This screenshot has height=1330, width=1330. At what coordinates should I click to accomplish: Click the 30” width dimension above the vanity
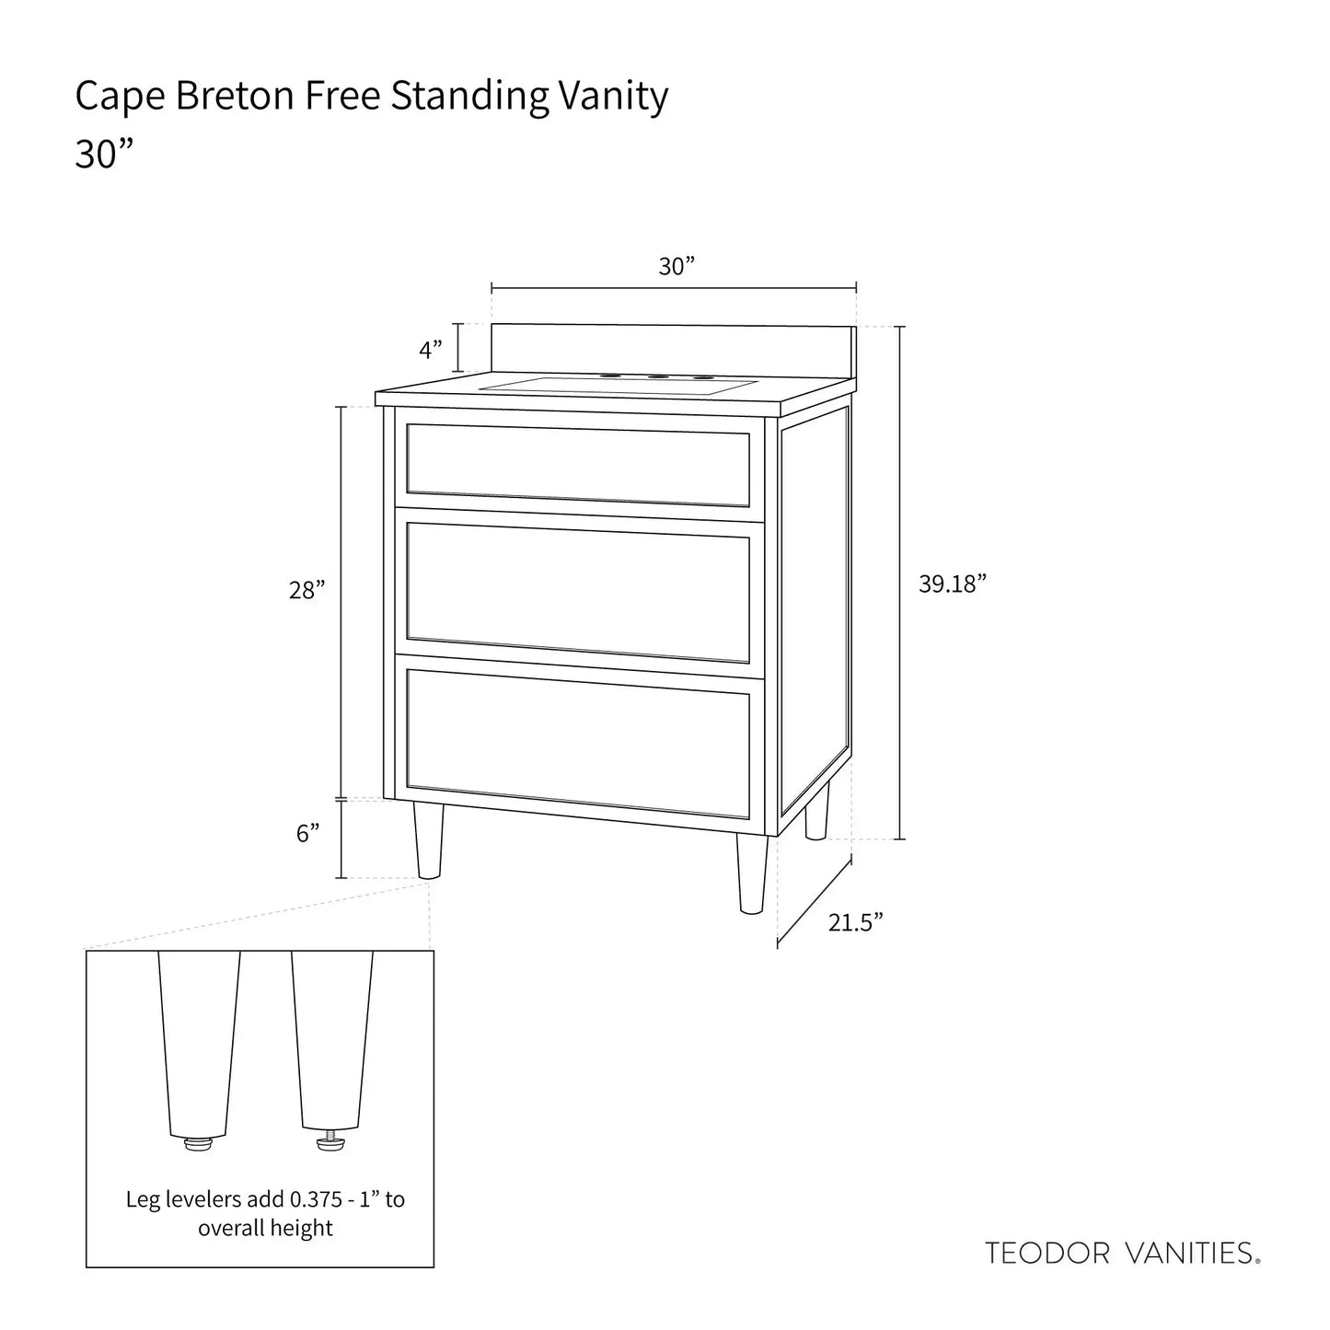676,266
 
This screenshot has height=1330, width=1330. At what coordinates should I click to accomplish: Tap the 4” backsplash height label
431,350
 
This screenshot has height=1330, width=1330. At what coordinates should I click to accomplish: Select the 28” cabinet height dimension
306,590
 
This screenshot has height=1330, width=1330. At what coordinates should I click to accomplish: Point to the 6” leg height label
307,833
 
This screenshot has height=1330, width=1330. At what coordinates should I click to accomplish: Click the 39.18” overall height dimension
953,584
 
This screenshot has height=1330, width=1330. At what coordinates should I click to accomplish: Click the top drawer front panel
578,465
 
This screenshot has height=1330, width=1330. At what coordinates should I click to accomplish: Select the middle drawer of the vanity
578,592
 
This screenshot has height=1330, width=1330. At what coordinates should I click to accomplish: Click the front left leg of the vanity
428,840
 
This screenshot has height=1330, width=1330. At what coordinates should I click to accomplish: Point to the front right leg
752,873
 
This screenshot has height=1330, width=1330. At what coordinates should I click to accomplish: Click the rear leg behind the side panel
817,810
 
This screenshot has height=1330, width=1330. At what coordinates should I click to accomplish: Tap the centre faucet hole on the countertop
656,376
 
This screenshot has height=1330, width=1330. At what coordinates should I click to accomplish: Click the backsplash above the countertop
674,352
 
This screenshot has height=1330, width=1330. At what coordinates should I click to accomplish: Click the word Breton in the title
235,95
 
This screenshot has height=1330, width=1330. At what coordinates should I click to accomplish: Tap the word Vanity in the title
613,97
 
